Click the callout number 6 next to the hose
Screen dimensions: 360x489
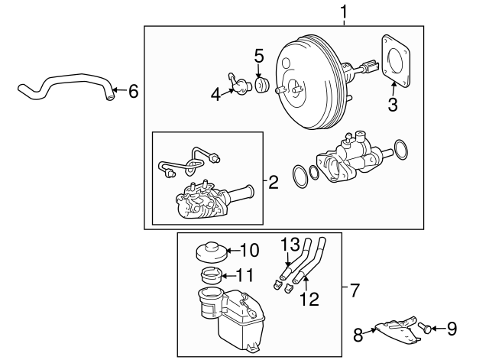[x=134, y=92]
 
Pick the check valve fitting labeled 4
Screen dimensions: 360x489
[x=237, y=84]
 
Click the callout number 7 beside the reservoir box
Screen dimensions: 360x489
[x=354, y=290]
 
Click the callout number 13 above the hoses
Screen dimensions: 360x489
[x=287, y=244]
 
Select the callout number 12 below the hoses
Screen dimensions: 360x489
[x=309, y=300]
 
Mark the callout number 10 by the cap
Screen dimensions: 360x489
[x=250, y=249]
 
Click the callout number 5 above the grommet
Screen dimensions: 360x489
[x=258, y=55]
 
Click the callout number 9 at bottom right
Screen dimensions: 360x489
[x=452, y=329]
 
